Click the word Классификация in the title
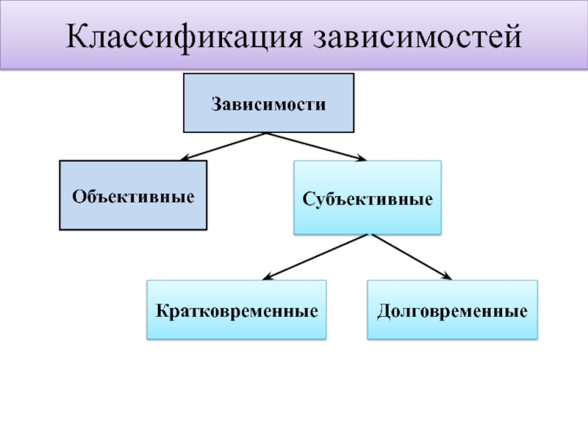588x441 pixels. tap(187, 37)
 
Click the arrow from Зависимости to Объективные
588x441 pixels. tap(224, 146)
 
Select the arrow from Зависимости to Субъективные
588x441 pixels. tap(316, 146)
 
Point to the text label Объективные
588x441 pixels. tap(133, 196)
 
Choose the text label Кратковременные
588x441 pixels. tap(236, 310)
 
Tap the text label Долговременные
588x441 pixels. tap(452, 310)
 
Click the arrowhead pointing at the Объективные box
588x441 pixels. tap(186, 157)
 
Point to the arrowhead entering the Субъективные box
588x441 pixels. tap(359, 157)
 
